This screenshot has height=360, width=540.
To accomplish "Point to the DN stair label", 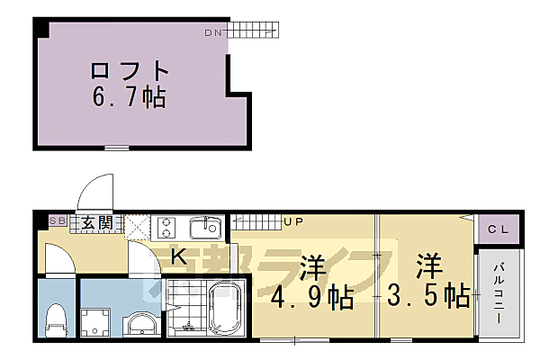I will tap(212, 33).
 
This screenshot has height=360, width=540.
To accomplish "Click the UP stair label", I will tap(294, 220).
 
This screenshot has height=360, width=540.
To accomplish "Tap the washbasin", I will tap(140, 321).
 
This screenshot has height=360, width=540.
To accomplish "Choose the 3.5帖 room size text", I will tap(428, 295).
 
